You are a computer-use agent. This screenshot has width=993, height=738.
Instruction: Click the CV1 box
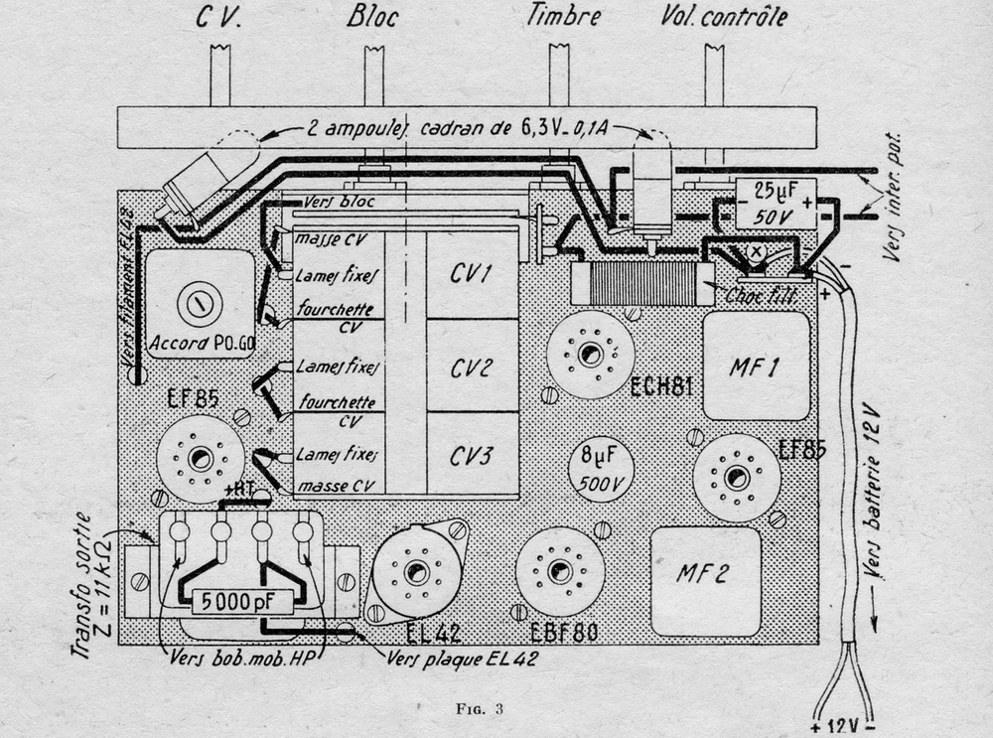coord(473,274)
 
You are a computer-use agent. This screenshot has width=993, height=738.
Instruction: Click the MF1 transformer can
coord(756,366)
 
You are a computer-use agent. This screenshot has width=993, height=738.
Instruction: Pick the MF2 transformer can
coord(704,574)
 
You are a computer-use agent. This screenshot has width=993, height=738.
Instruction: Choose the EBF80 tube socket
coord(561,571)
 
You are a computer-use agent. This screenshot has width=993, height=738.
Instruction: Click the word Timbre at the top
coord(567,17)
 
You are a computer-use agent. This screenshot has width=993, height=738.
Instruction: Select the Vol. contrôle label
coord(723,17)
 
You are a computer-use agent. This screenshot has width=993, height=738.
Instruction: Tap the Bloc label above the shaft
coord(373,17)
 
